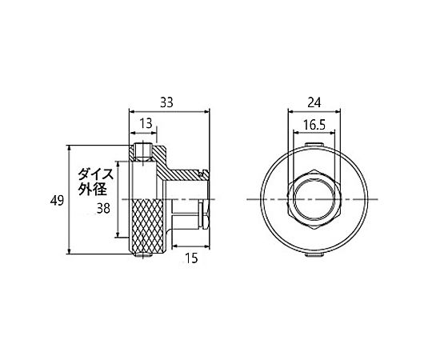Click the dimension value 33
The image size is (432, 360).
click(x=166, y=102)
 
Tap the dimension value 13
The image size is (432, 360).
click(x=146, y=123)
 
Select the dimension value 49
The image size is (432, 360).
click(x=57, y=200)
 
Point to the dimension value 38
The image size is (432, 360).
click(x=103, y=209)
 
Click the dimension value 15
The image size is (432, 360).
click(x=191, y=258)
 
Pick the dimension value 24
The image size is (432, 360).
click(x=314, y=102)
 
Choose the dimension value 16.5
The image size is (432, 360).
click(x=314, y=125)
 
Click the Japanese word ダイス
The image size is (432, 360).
click(x=96, y=174)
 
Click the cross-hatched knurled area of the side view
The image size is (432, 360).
click(x=149, y=226)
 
